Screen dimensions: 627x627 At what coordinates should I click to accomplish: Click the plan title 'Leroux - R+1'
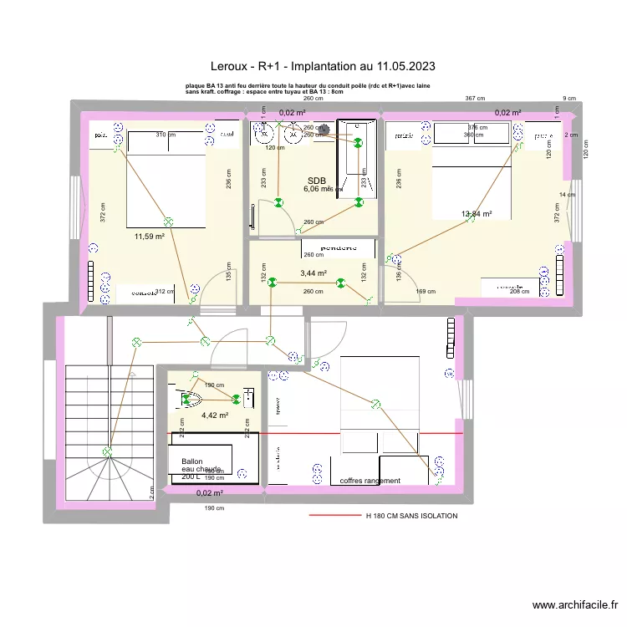tap(322, 65)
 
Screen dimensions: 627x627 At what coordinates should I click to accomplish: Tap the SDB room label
tap(316, 181)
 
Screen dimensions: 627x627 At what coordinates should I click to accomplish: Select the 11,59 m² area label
tap(149, 237)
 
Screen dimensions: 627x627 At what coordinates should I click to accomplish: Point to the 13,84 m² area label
tap(476, 214)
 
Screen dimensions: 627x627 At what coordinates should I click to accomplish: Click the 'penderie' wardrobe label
tap(338, 247)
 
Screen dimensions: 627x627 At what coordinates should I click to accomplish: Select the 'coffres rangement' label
tap(370, 481)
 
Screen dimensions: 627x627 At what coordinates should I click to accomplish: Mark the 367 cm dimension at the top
tap(475, 99)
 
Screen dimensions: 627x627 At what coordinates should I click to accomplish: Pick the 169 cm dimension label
tap(426, 292)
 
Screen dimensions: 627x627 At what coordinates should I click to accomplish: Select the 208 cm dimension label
tap(519, 292)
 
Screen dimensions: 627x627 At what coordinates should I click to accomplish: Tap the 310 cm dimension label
tap(165, 134)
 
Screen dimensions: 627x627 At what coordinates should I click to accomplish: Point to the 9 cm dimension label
tap(569, 99)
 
